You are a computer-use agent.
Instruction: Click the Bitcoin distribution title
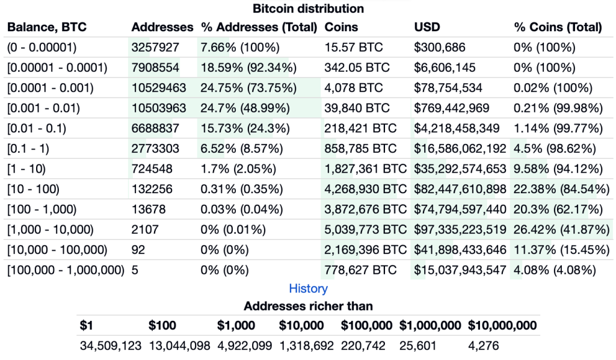(x=308, y=8)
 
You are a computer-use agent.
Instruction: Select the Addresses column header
(x=162, y=27)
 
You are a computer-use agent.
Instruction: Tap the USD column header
(x=427, y=27)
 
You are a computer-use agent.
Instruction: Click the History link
(x=308, y=288)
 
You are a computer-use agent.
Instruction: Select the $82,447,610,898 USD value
(x=460, y=189)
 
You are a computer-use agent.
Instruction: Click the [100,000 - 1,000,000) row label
(x=66, y=270)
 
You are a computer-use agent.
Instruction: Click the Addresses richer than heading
(x=308, y=306)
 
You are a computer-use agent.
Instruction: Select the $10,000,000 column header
(x=502, y=326)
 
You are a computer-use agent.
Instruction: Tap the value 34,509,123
(x=111, y=346)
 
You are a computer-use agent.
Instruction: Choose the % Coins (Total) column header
(x=558, y=27)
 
